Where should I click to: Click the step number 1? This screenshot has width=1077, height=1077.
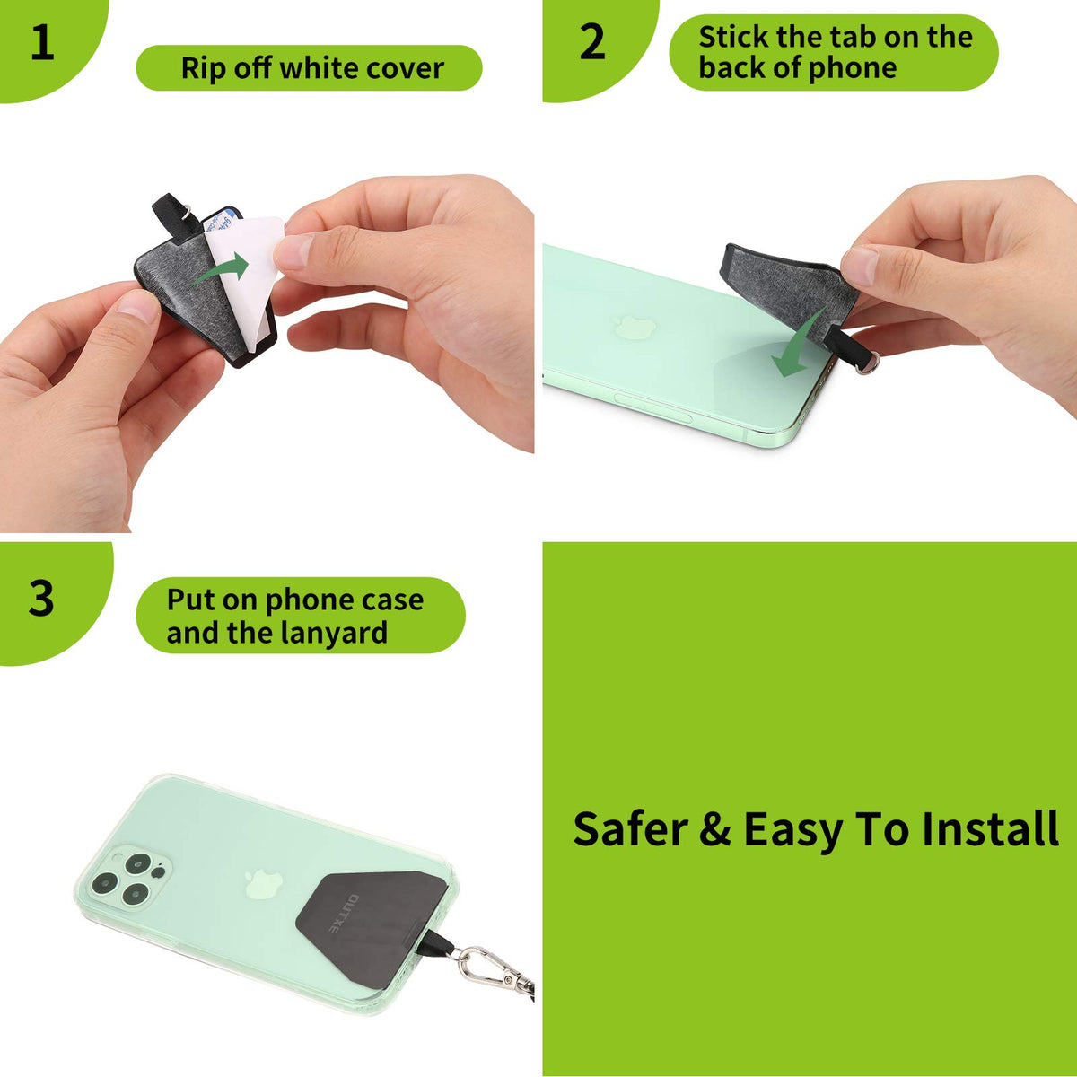point(42,43)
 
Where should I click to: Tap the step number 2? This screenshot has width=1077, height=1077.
point(591,42)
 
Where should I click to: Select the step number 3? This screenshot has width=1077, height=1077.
point(41,599)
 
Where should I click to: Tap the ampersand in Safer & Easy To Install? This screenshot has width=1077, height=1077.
point(714,828)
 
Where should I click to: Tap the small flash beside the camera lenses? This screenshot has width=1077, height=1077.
point(159,871)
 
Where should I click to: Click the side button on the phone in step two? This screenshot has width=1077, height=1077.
point(652,407)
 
